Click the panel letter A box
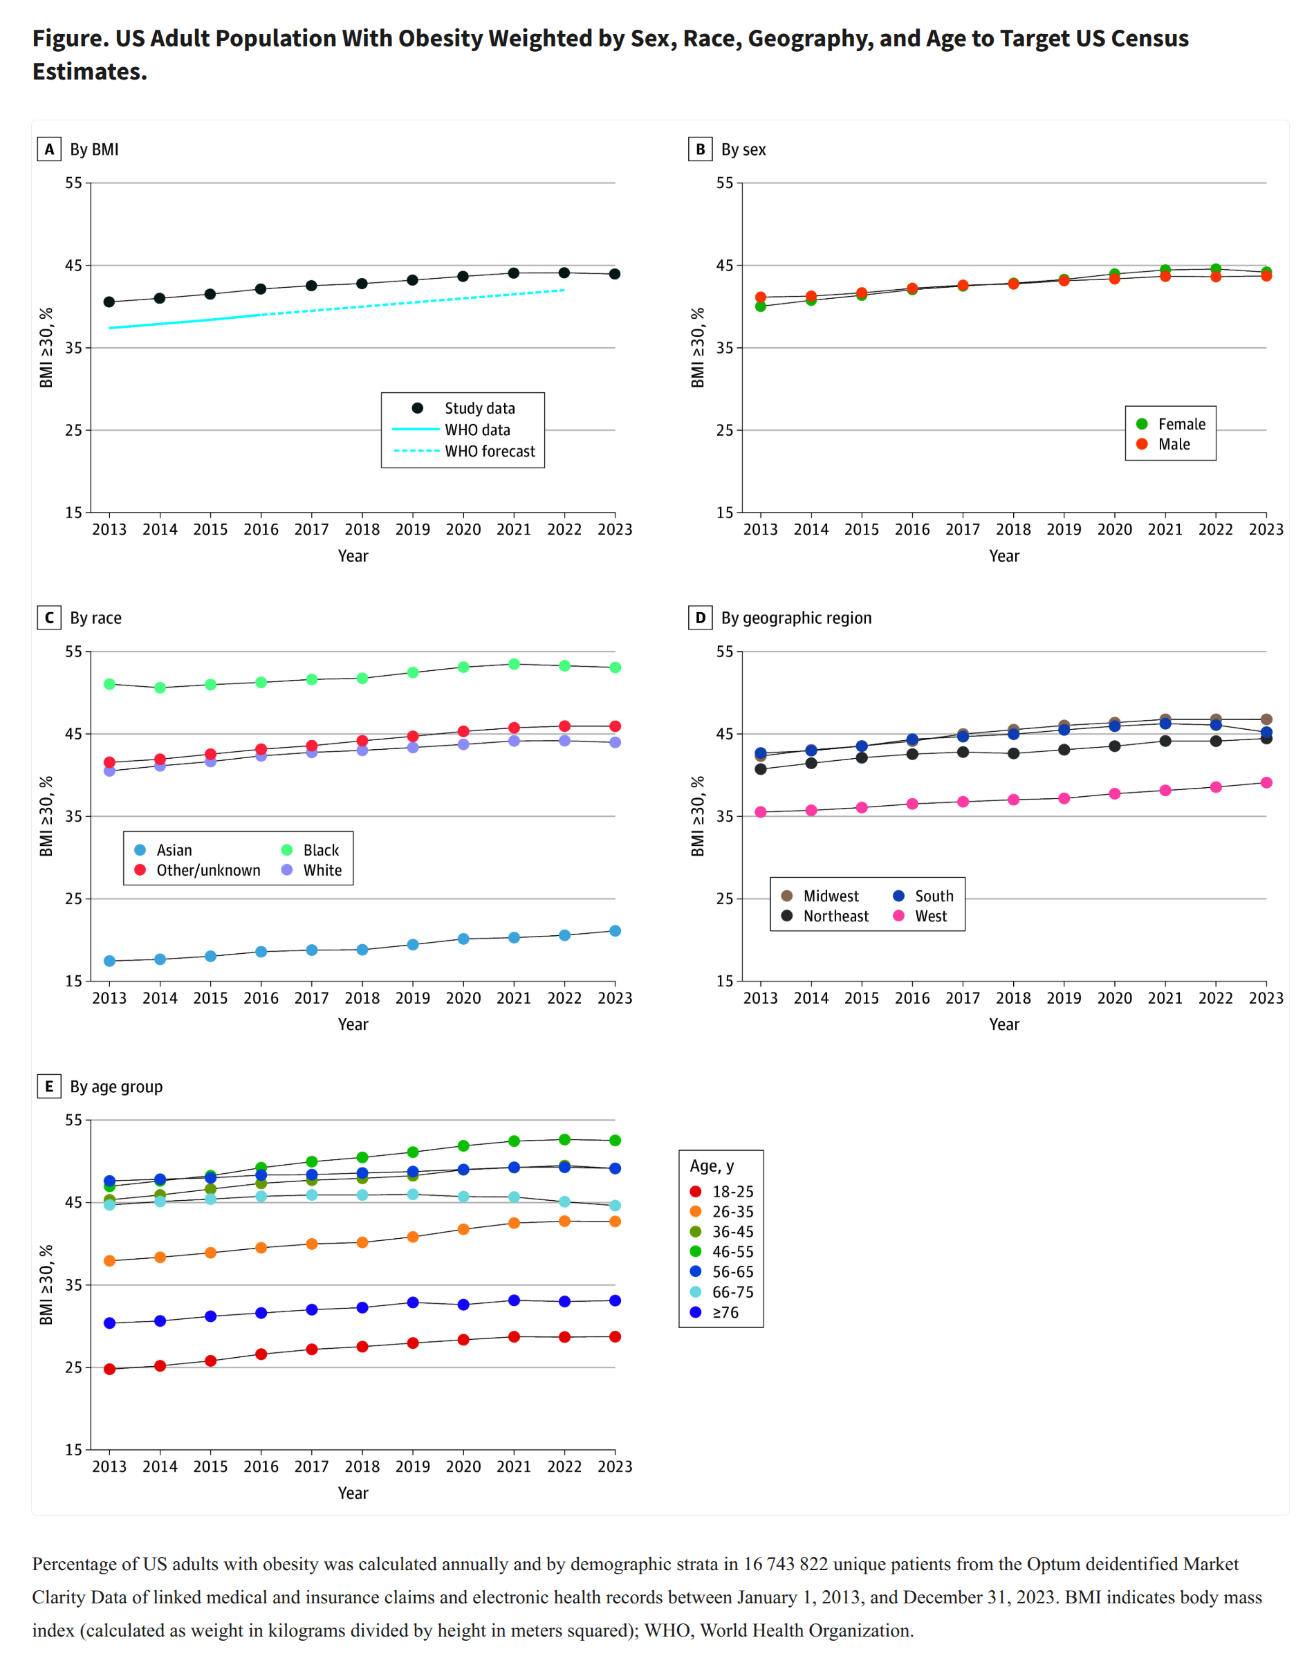pos(49,149)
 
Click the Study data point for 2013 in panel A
pos(109,302)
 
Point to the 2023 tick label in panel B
pos(1266,529)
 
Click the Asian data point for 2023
pos(615,931)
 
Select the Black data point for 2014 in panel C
pos(160,688)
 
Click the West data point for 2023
pos(1266,782)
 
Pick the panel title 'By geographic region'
pos(795,618)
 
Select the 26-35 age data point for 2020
pos(463,1229)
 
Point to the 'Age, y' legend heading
pos(712,1166)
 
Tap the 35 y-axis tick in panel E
pos(73,1284)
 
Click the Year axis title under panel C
pos(353,1024)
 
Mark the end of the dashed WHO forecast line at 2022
pos(564,290)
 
